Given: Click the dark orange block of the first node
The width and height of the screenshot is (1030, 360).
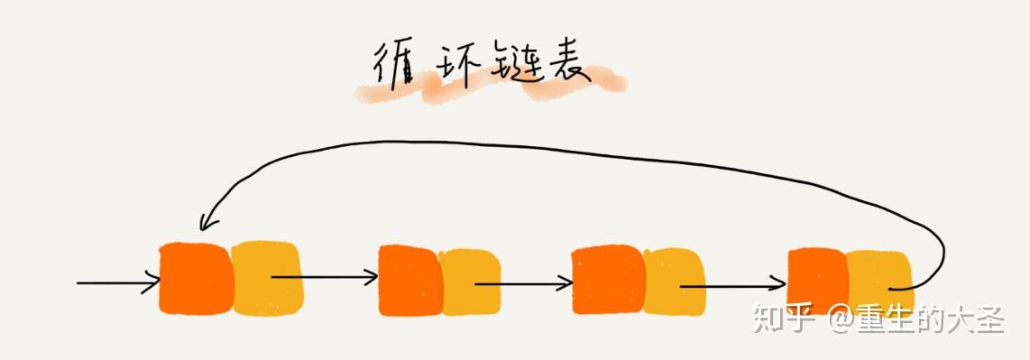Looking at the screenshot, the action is (x=194, y=278).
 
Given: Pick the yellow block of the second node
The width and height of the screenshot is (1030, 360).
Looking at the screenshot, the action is (x=471, y=282).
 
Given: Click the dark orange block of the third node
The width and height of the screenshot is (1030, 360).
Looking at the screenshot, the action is (x=606, y=281).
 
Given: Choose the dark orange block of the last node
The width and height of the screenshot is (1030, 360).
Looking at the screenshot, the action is (x=817, y=281).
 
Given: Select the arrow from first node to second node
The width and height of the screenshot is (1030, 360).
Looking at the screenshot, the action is (x=325, y=277).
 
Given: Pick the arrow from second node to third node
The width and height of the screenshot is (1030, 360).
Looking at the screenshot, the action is (x=523, y=283).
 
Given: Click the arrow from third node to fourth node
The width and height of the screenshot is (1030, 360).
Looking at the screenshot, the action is (x=731, y=285).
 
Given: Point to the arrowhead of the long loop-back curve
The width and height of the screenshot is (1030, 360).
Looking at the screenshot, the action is (x=207, y=221).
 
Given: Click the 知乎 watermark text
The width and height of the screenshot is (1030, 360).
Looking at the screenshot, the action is (x=785, y=318).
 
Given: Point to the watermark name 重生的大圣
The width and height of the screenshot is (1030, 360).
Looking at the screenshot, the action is (x=938, y=318).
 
